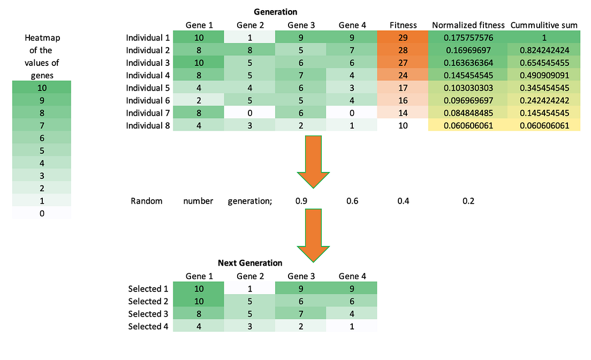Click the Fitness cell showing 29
pos(403,38)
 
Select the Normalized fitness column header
pos(468,25)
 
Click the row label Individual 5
pos(147,88)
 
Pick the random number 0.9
pos(301,201)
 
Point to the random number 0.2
pos(468,201)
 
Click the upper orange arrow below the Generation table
pos(313,160)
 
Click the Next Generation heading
pos(250,263)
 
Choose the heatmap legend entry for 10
pos(42,88)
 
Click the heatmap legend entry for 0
pos(42,213)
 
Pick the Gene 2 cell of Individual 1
pos(249,38)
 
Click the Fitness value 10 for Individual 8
pos(403,125)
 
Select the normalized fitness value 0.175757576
pos(468,38)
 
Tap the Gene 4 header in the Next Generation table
pos(352,276)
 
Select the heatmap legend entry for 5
pos(42,151)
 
